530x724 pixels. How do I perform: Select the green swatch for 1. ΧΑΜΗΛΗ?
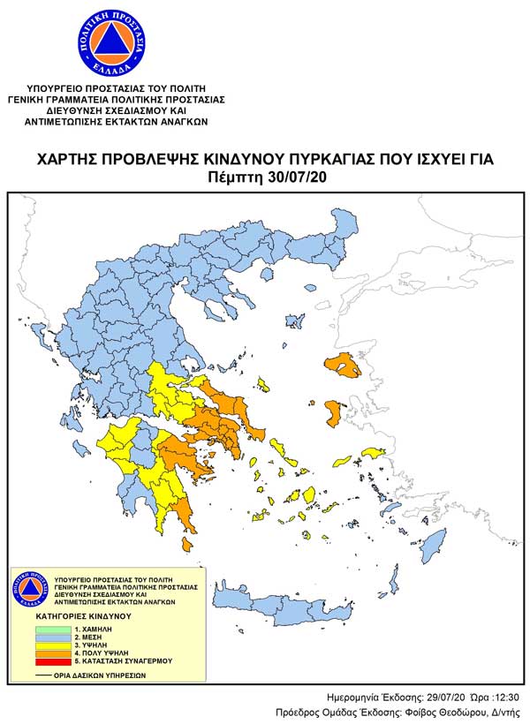(x=55, y=629)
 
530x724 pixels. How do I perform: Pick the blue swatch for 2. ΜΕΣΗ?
(x=55, y=637)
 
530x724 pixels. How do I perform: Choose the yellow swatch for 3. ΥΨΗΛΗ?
(x=55, y=645)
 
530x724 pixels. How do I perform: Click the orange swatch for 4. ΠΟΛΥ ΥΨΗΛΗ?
(x=55, y=653)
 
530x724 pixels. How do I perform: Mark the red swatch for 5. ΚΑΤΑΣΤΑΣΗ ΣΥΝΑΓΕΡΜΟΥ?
(x=55, y=661)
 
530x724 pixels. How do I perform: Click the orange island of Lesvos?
(x=345, y=365)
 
